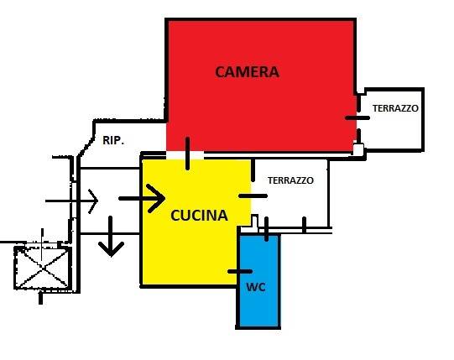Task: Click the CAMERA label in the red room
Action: pos(247,72)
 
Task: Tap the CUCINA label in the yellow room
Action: pos(199,216)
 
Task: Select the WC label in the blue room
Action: pos(256,287)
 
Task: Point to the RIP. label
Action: pos(113,140)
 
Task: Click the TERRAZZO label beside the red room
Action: pos(395,108)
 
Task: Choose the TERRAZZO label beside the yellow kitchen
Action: pos(290,180)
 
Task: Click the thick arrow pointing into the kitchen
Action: pos(142,198)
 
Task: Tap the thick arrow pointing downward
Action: pos(111,237)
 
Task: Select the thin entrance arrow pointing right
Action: pos(72,201)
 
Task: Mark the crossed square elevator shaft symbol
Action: pos(43,268)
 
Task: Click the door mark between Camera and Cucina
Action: pos(188,154)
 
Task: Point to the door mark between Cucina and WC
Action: pos(240,271)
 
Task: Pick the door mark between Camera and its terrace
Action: pos(357,117)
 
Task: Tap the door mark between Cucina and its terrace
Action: pos(253,196)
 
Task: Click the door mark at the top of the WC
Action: pos(266,229)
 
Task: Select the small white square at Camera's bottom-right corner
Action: pos(358,149)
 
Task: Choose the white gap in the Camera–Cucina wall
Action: pos(185,155)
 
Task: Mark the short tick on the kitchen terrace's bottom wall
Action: pos(304,224)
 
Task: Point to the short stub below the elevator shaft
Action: pos(40,298)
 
